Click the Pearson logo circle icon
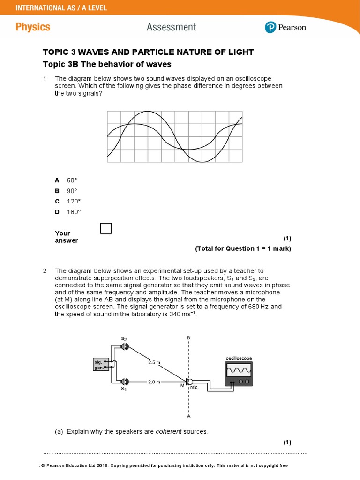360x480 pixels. coord(271,27)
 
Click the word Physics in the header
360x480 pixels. coord(33,27)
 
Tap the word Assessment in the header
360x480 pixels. coord(172,27)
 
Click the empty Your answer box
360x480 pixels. coord(106,228)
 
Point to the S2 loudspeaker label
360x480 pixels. coord(124,338)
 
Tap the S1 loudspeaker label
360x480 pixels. coord(124,389)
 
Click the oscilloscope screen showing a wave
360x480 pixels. coord(239,371)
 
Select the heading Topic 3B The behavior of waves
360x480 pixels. coord(107,64)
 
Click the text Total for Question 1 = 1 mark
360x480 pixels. coord(243,249)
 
